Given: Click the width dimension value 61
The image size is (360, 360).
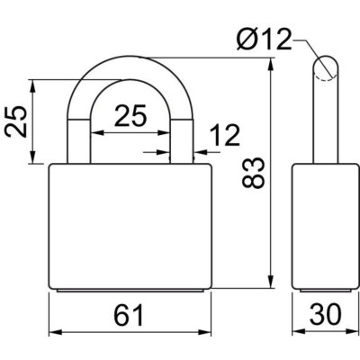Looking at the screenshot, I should [129, 315].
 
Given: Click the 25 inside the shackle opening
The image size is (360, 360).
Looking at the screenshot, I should [130, 116].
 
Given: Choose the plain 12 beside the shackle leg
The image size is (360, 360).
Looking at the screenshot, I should [225, 136].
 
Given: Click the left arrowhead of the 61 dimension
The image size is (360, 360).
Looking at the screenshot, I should [50, 330].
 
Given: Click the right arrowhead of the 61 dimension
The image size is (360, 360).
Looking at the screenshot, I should [207, 330].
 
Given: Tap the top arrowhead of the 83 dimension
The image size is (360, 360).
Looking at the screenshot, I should [272, 61].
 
